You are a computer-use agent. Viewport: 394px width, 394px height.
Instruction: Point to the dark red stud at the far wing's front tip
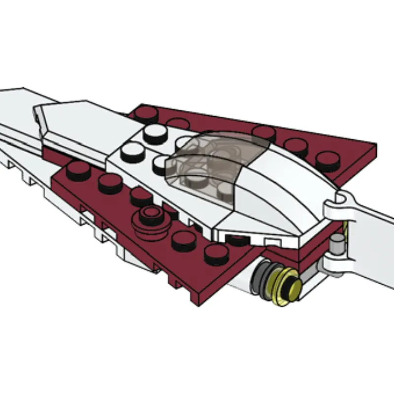(147, 115)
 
